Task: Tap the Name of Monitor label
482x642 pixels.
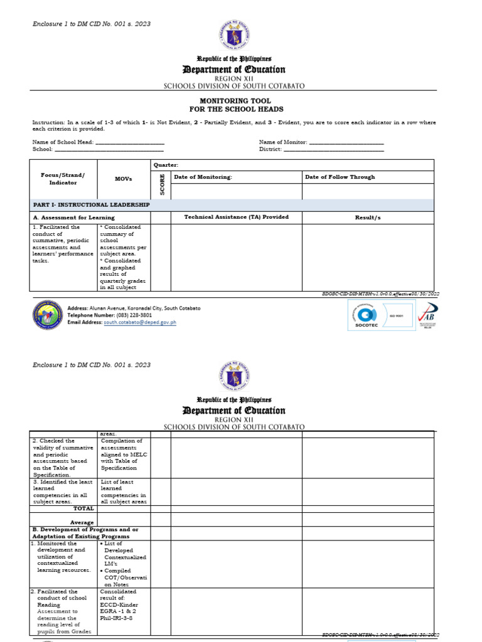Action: pyautogui.click(x=282, y=142)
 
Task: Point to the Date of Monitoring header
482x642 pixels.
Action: pyautogui.click(x=203, y=177)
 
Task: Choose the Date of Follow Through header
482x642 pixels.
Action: pyautogui.click(x=340, y=177)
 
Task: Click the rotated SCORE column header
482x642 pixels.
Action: pyautogui.click(x=161, y=184)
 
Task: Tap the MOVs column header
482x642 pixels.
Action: pyautogui.click(x=124, y=179)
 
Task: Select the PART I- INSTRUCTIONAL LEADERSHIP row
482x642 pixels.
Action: pyautogui.click(x=91, y=205)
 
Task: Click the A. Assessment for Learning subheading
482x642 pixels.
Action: pyautogui.click(x=73, y=218)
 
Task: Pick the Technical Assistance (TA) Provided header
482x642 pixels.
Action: pyautogui.click(x=236, y=217)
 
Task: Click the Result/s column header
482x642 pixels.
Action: pyautogui.click(x=368, y=217)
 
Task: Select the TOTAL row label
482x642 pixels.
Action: pyautogui.click(x=84, y=509)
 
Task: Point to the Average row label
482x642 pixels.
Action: pyautogui.click(x=82, y=522)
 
